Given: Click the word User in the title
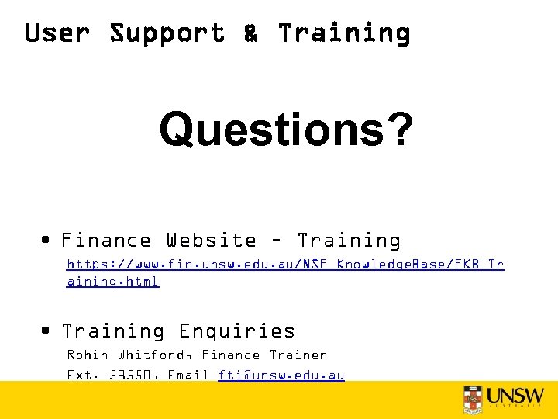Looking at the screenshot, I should (58, 33).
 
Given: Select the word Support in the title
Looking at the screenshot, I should (167, 33).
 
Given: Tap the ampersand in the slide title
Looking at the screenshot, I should (251, 33).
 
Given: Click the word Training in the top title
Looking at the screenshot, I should (344, 33).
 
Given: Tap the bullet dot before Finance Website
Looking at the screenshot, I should (48, 240).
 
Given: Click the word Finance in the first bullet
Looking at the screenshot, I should (106, 241).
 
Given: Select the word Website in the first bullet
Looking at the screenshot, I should (211, 241).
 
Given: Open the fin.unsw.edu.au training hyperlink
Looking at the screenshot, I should (285, 265).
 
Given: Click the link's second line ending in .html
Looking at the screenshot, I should (113, 282).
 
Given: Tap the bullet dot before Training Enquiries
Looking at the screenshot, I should (48, 331).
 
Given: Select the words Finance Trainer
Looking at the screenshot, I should (264, 355).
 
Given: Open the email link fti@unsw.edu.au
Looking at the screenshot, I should (281, 376).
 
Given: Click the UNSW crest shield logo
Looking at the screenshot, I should (472, 399).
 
